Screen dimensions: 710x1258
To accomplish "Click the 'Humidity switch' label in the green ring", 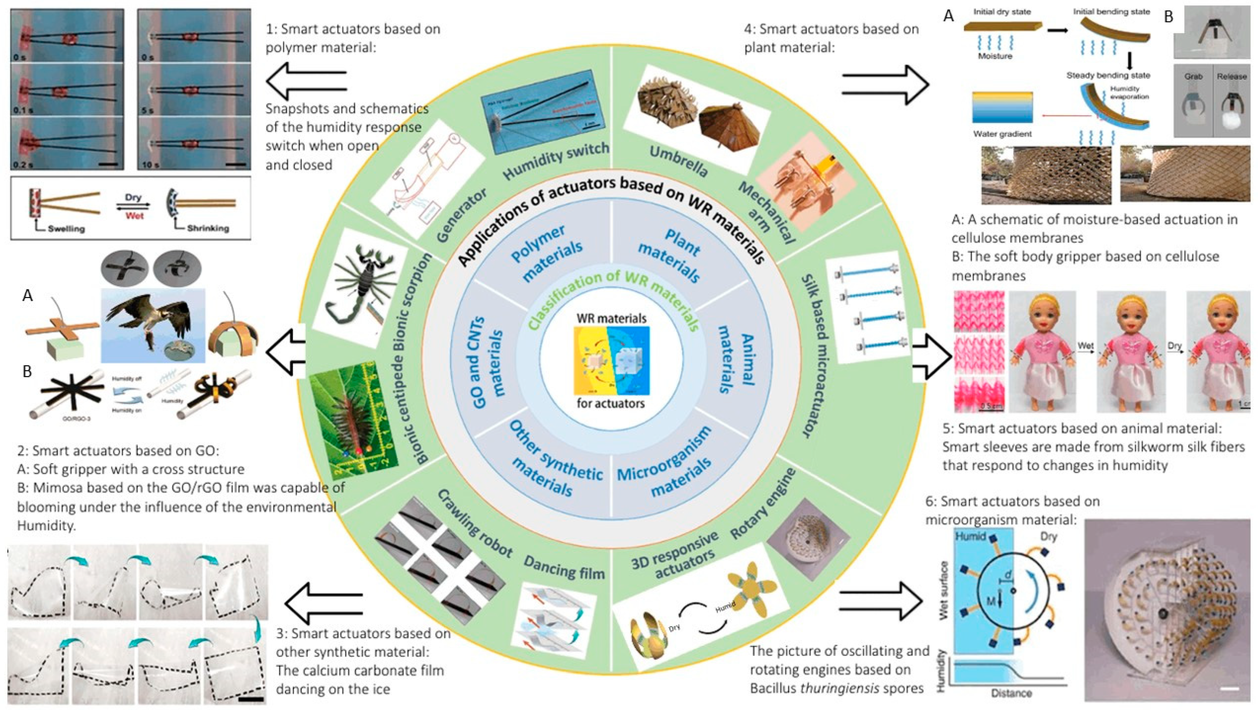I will (x=556, y=161).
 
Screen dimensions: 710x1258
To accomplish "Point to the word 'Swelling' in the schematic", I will (x=66, y=228).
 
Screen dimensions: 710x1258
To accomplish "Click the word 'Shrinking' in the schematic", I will (x=208, y=228).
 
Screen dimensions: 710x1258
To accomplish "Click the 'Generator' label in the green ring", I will (x=461, y=215).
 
